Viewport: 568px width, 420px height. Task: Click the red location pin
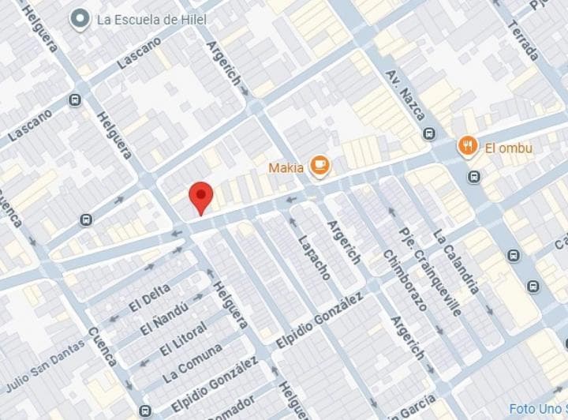(201, 197)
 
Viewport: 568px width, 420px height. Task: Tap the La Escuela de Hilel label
(151, 20)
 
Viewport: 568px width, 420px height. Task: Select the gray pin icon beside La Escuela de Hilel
(79, 20)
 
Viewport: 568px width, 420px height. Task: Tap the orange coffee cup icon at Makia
(319, 165)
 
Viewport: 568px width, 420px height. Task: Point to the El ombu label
(509, 148)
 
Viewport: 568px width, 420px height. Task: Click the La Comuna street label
(192, 361)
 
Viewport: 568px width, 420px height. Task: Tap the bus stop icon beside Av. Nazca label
(429, 133)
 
